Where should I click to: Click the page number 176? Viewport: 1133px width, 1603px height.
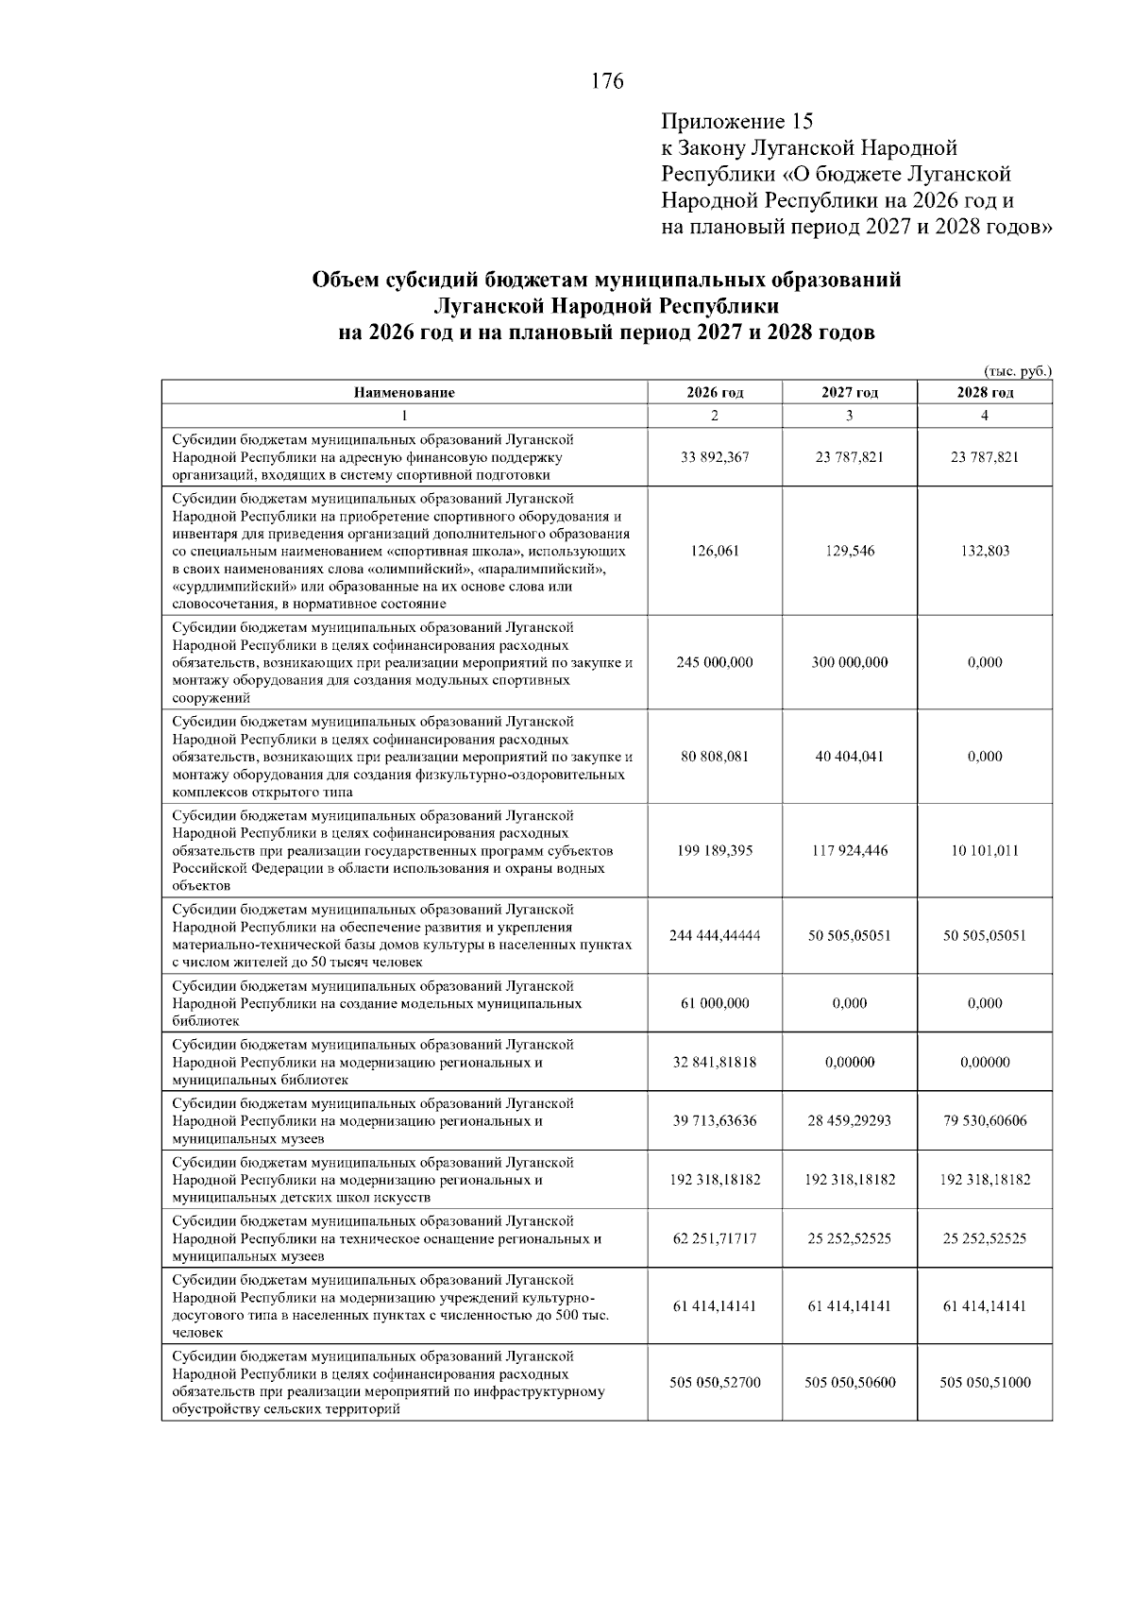(x=607, y=82)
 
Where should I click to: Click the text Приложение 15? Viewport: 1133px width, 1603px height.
(x=736, y=122)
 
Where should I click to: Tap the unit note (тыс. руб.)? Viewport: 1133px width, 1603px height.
(x=1017, y=371)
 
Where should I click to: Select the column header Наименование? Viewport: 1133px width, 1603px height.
(x=404, y=393)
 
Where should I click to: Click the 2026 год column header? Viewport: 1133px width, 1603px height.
(x=715, y=393)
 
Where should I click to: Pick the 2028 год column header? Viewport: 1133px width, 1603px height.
(x=985, y=393)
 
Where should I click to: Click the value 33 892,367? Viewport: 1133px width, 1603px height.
(x=715, y=457)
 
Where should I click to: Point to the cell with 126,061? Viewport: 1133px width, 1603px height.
(x=715, y=551)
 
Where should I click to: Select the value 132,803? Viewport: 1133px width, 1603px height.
(x=985, y=551)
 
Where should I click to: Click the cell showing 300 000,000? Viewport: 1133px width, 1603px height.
(x=850, y=662)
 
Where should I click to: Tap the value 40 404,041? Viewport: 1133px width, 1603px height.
(x=850, y=757)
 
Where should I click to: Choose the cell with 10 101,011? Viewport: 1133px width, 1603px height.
(x=985, y=850)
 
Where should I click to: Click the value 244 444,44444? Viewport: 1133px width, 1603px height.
(x=715, y=935)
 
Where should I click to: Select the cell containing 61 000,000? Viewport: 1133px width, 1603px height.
(x=715, y=1003)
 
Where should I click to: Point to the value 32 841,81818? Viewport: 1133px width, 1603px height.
(x=715, y=1062)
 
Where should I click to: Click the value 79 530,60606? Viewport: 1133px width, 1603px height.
(x=985, y=1120)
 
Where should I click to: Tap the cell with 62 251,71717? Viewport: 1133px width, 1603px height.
(x=715, y=1238)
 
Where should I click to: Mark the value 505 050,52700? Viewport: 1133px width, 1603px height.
(x=715, y=1382)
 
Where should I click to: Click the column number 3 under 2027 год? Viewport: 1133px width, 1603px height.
(x=850, y=416)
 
